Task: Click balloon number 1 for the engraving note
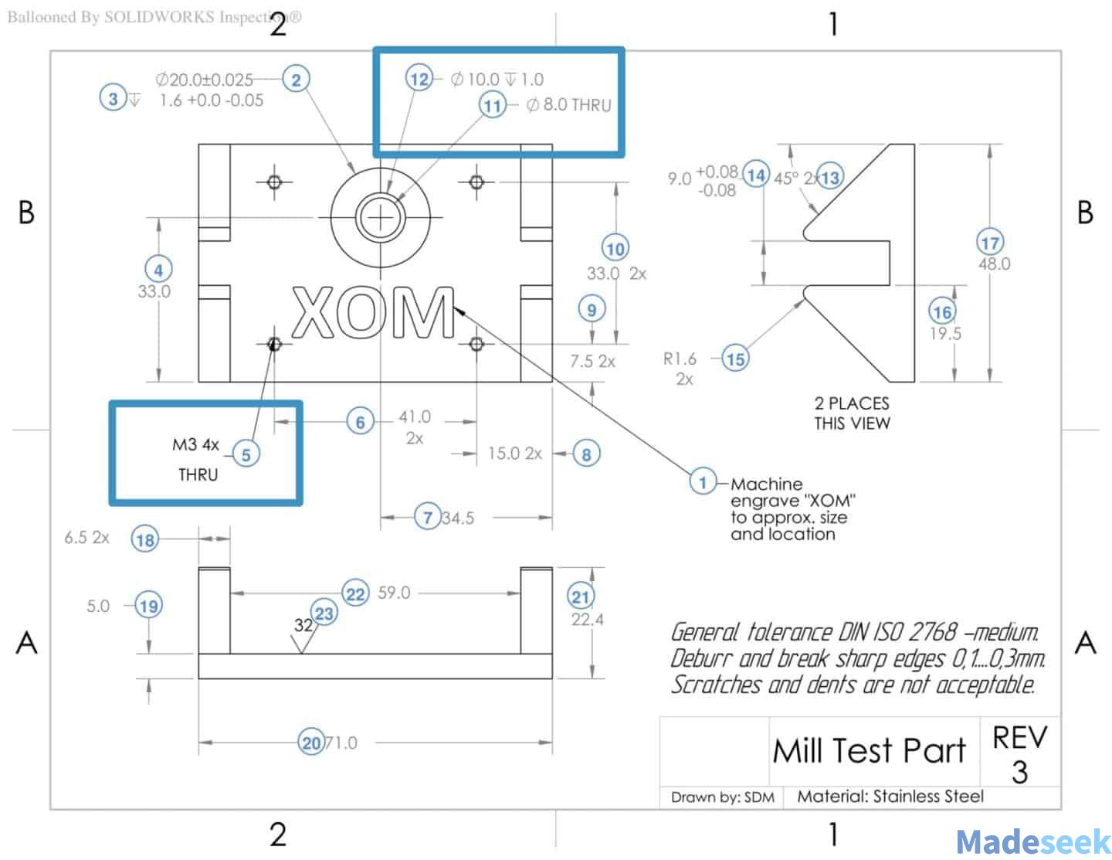(702, 483)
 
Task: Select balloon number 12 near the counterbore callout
(419, 79)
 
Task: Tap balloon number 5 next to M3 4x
(246, 454)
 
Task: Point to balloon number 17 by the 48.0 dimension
(990, 243)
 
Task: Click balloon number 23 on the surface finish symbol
(324, 614)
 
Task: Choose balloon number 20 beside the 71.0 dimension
(310, 743)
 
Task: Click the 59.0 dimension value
(394, 593)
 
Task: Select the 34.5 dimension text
(458, 518)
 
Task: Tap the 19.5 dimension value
(944, 334)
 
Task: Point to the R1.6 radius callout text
(680, 359)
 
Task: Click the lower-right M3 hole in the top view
(476, 343)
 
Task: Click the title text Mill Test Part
(869, 750)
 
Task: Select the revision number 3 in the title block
(1019, 772)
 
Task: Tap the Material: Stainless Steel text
(890, 796)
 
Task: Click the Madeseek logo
(1032, 841)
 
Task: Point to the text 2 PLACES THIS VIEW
(852, 413)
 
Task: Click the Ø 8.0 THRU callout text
(568, 104)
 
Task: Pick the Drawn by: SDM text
(722, 797)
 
